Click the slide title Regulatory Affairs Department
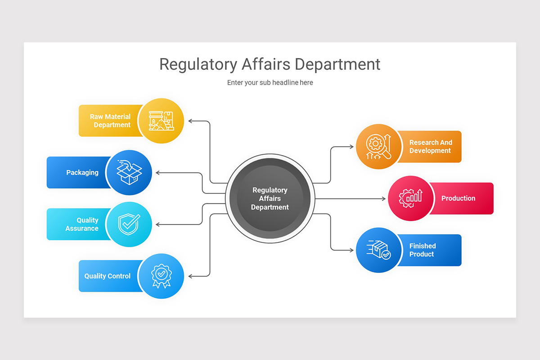pyautogui.click(x=270, y=64)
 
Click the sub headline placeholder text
pyautogui.click(x=270, y=82)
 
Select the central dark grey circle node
pyautogui.click(x=270, y=198)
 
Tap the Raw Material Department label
pyautogui.click(x=110, y=121)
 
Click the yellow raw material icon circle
pyautogui.click(x=161, y=121)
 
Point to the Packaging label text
pyautogui.click(x=82, y=172)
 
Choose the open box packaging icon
pyautogui.click(x=129, y=172)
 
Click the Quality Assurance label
pyautogui.click(x=82, y=224)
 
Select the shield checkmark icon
pyautogui.click(x=129, y=224)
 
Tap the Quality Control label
pyautogui.click(x=108, y=276)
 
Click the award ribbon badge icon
pyautogui.click(x=161, y=276)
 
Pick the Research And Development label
pyautogui.click(x=430, y=147)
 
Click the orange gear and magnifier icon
pyautogui.click(x=378, y=147)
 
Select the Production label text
pyautogui.click(x=458, y=198)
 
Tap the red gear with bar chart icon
pyautogui.click(x=410, y=198)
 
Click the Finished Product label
pyautogui.click(x=422, y=250)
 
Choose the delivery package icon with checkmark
pyautogui.click(x=378, y=250)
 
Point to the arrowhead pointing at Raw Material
pyautogui.click(x=190, y=121)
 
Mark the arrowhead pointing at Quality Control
pyautogui.click(x=190, y=276)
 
